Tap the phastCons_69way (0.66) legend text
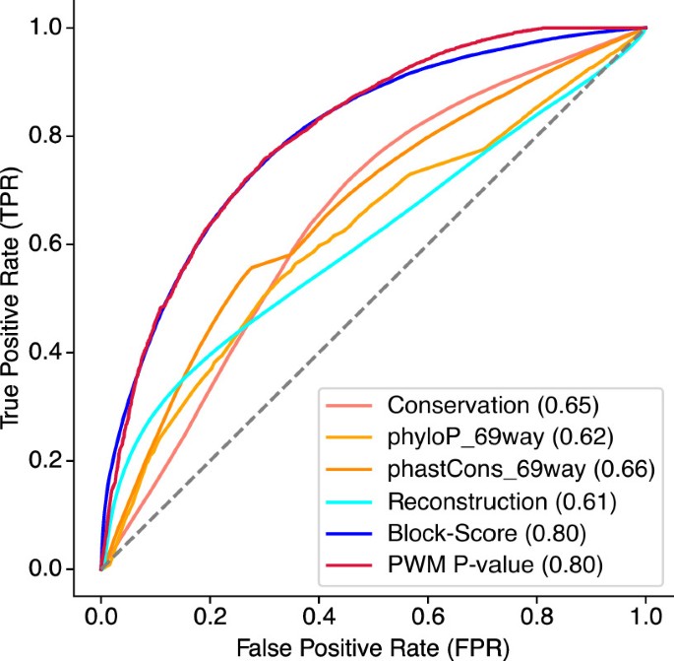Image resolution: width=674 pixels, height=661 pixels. click(x=502, y=469)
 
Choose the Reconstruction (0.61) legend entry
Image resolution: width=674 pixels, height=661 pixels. click(x=501, y=500)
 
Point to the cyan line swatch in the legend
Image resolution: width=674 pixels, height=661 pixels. click(x=347, y=500)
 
